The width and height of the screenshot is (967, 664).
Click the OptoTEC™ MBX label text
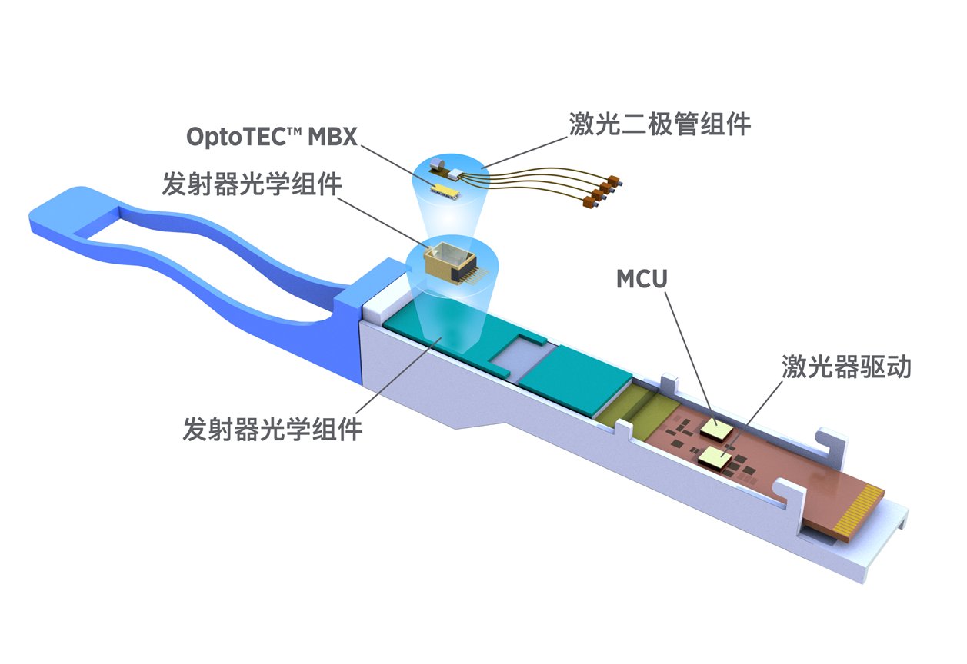click(272, 136)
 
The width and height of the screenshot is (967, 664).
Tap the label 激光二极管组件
click(659, 123)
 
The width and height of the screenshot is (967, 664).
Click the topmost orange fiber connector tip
click(617, 182)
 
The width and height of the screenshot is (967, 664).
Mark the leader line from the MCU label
click(685, 354)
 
